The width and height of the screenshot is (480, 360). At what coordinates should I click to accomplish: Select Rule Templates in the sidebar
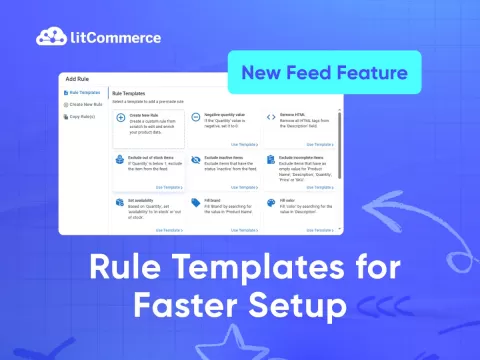[x=82, y=92]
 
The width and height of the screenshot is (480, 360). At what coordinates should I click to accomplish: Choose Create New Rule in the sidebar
[x=84, y=104]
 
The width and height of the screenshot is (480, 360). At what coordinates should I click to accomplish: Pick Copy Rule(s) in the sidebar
[x=81, y=116]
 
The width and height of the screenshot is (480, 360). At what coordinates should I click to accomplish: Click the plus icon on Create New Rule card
[x=121, y=116]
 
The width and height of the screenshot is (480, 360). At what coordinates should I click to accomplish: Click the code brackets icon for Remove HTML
[x=271, y=116]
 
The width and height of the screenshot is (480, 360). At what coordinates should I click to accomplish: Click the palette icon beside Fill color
[x=271, y=201]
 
